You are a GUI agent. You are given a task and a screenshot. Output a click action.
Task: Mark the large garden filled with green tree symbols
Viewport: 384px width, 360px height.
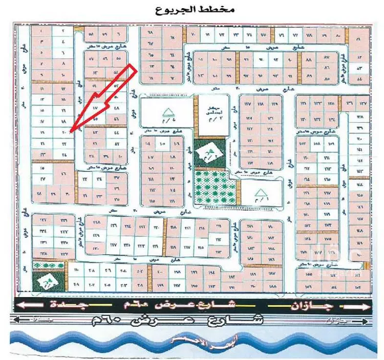click(x=215, y=186)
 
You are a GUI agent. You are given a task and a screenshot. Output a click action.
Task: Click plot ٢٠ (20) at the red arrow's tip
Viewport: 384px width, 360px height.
click(x=63, y=132)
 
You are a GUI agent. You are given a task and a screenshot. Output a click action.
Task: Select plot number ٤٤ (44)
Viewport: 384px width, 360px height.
click(x=116, y=132)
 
